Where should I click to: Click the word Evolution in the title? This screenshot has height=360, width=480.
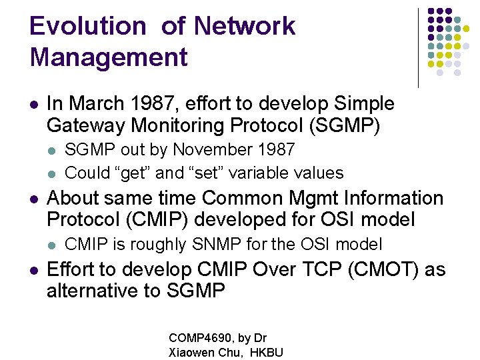click(x=87, y=27)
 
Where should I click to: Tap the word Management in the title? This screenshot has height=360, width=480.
click(x=109, y=57)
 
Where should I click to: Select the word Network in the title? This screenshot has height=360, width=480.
click(x=245, y=27)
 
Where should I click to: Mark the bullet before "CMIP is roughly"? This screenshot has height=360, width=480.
click(x=53, y=245)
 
